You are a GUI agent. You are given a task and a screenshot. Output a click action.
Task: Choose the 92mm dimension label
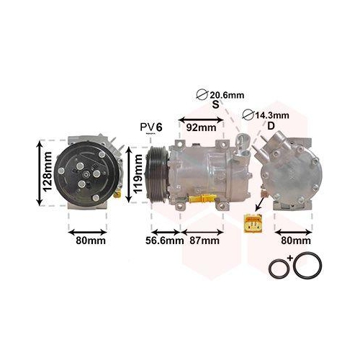[x=201, y=127]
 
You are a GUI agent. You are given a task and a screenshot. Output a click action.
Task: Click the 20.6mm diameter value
[x=225, y=94]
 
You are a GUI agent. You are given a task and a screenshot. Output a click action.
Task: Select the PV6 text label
[x=151, y=127]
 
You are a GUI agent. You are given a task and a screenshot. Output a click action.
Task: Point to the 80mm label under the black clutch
[x=91, y=241]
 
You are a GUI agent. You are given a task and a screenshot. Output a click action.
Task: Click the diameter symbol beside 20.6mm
[x=202, y=94]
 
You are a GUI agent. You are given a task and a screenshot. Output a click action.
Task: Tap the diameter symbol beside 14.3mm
[x=248, y=114]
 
